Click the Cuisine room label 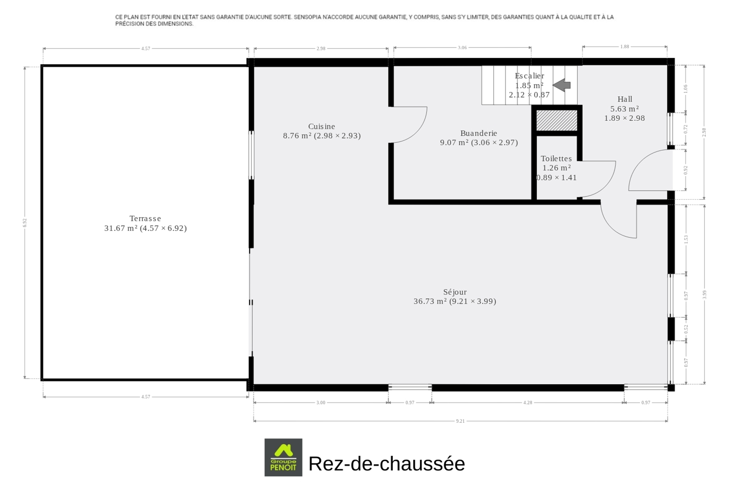(x=321, y=126)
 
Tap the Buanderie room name (x=479, y=133)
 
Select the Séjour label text (x=455, y=292)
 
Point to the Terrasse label (x=145, y=218)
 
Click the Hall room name (x=625, y=99)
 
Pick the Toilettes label (x=556, y=159)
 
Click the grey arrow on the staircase (x=562, y=85)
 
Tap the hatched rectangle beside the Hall (x=557, y=120)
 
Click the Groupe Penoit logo (x=283, y=457)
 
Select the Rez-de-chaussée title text (x=387, y=463)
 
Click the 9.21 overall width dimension (x=460, y=421)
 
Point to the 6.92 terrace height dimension (x=25, y=223)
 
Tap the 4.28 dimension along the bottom (x=528, y=402)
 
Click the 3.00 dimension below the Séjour (x=321, y=402)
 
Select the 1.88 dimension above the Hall (x=625, y=47)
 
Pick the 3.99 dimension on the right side (x=705, y=295)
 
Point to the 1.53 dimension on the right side (x=686, y=239)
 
